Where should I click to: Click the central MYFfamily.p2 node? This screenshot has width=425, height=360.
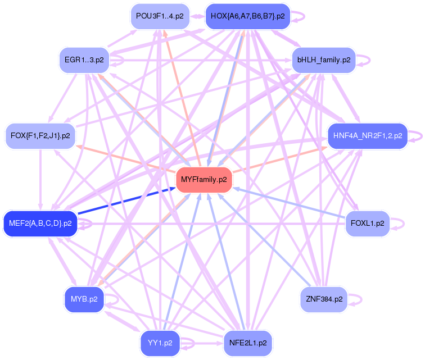pos(204,180)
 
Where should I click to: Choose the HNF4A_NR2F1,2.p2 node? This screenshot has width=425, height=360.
pos(367,135)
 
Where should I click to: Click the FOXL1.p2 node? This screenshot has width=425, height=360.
pos(367,223)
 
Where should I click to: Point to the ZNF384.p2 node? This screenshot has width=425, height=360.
pos(323,299)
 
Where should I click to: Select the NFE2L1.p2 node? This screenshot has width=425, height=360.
pos(248,342)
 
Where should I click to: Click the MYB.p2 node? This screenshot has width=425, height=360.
pos(84,299)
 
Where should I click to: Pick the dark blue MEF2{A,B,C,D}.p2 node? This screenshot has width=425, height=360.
pos(40,224)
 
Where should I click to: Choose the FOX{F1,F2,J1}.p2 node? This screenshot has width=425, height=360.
pos(40,136)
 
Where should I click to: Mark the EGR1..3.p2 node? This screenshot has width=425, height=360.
pos(84,59)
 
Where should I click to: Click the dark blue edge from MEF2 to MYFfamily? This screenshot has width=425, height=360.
pos(126,201)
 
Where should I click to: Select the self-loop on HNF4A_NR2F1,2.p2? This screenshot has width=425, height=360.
pos(417,135)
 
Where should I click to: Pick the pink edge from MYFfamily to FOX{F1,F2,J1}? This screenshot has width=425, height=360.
pos(126,160)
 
